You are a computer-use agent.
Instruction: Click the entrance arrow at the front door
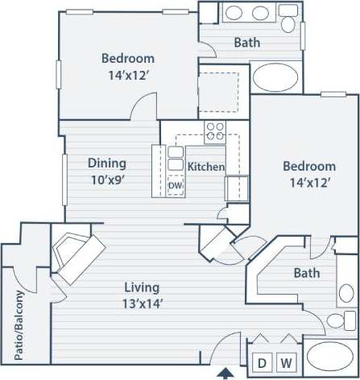(x=227, y=372)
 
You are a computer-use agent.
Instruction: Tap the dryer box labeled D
(x=262, y=362)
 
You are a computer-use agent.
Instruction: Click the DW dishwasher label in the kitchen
(x=176, y=186)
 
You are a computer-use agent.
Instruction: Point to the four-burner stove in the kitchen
(x=214, y=131)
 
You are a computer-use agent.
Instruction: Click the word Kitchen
(x=206, y=167)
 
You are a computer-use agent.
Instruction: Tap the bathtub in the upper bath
(x=275, y=78)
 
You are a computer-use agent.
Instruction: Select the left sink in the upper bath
(x=235, y=14)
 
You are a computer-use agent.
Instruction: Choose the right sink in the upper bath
(x=262, y=14)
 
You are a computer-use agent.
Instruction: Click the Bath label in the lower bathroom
(x=306, y=273)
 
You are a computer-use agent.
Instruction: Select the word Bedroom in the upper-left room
(x=128, y=58)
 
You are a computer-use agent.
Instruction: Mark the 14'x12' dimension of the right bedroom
(x=308, y=182)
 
